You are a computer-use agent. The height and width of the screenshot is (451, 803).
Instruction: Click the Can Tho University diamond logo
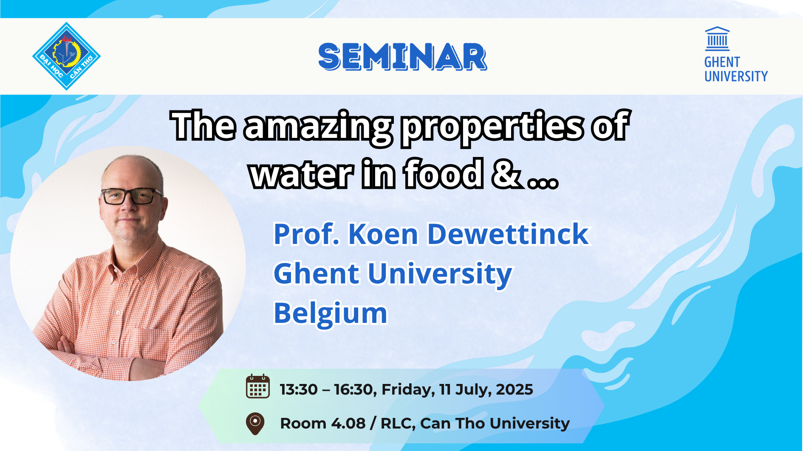tap(66, 56)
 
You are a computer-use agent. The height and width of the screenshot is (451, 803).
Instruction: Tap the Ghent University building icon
tap(717, 39)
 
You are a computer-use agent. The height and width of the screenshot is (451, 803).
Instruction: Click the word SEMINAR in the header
tap(402, 56)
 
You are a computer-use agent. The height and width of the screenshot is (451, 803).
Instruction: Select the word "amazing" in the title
tap(318, 127)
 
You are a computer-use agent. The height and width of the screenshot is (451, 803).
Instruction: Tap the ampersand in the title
tap(506, 173)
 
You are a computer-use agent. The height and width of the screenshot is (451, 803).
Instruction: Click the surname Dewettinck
tap(508, 234)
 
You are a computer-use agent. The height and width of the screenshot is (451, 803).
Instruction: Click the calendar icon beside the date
tap(257, 387)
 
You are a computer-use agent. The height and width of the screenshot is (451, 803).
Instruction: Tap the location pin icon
tap(255, 423)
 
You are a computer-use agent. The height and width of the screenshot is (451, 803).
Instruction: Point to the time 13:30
tap(299, 389)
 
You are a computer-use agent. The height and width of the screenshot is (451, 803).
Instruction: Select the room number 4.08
tap(348, 423)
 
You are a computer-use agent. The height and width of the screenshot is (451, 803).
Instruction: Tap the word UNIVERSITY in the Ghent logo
tap(736, 76)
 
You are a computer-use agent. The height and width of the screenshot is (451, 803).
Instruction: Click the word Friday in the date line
tap(408, 390)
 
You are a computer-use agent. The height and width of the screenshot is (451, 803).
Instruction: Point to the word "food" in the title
tap(444, 173)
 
